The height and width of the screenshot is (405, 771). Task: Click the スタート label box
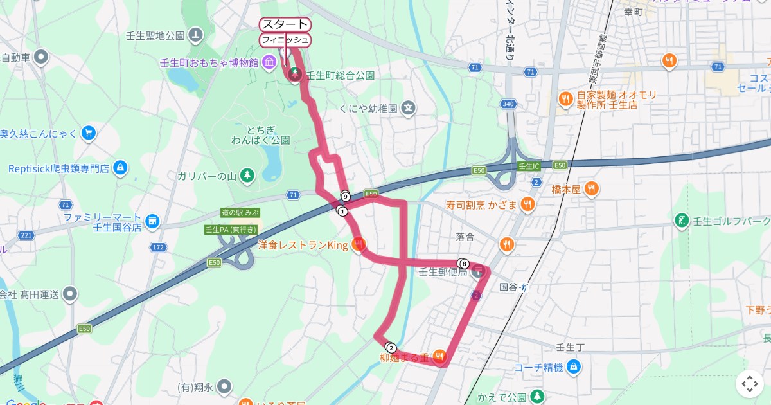(285, 25)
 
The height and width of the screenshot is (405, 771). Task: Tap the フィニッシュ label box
(286, 40)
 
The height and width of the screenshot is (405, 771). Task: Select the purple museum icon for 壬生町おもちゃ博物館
(270, 62)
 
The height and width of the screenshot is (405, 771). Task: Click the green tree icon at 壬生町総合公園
(295, 75)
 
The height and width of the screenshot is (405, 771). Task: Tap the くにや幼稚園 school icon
(409, 109)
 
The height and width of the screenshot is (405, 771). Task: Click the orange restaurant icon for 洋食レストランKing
(359, 244)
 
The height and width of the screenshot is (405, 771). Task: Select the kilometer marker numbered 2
(391, 348)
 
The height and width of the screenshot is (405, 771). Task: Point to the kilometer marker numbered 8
(464, 263)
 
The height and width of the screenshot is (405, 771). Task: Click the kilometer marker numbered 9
(345, 196)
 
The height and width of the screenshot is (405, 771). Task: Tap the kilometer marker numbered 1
(342, 211)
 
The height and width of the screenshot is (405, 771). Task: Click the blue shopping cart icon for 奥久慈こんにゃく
(89, 134)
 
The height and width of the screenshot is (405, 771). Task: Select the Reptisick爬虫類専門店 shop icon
(120, 168)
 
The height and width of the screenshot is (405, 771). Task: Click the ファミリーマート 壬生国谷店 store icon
(152, 222)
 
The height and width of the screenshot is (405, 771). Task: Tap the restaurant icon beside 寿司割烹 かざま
(527, 204)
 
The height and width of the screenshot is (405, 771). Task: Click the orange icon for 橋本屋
(592, 189)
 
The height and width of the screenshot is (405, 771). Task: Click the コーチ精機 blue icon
(574, 368)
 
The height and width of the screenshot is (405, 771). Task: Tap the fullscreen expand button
(750, 384)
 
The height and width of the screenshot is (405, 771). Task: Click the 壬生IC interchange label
(529, 166)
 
